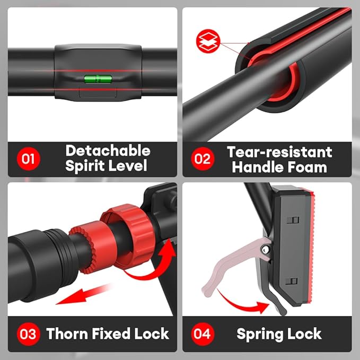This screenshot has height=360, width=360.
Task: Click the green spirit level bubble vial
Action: pyautogui.click(x=98, y=79)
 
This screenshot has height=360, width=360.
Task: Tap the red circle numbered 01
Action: pyautogui.click(x=29, y=159)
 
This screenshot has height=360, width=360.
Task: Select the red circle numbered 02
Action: pyautogui.click(x=203, y=159)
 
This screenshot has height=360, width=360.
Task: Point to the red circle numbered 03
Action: pyautogui.click(x=29, y=334)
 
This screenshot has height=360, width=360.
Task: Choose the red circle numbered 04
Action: pyautogui.click(x=203, y=334)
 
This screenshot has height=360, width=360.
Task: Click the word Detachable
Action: pyautogui.click(x=108, y=151)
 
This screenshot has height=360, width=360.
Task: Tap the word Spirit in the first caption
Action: pyautogui.click(x=85, y=166)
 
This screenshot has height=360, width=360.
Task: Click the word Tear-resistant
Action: pyautogui.click(x=279, y=152)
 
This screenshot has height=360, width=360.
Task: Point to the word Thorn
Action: pyautogui.click(x=67, y=333)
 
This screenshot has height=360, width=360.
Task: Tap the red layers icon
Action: pyautogui.click(x=208, y=41)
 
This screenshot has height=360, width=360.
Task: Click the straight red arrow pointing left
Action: pyautogui.click(x=83, y=295)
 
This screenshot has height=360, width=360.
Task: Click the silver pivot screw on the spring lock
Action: pyautogui.click(x=266, y=249)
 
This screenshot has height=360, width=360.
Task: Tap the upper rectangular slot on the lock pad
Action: pyautogui.click(x=293, y=220)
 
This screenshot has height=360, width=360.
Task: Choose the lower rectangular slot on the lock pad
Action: pyautogui.click(x=291, y=281)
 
